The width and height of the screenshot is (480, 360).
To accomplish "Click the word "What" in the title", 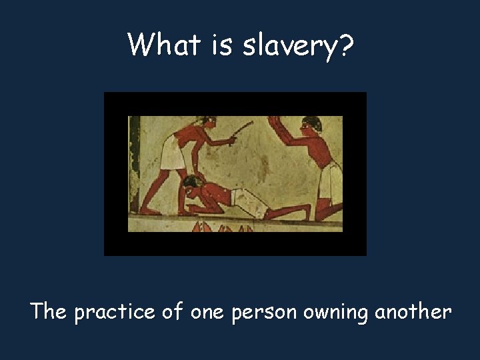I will (x=161, y=45).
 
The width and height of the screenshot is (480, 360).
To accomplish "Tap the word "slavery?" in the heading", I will (x=294, y=47).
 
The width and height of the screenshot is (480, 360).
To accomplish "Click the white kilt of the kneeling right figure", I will (x=330, y=176).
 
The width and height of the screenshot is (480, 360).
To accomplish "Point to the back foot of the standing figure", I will (x=148, y=211).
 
